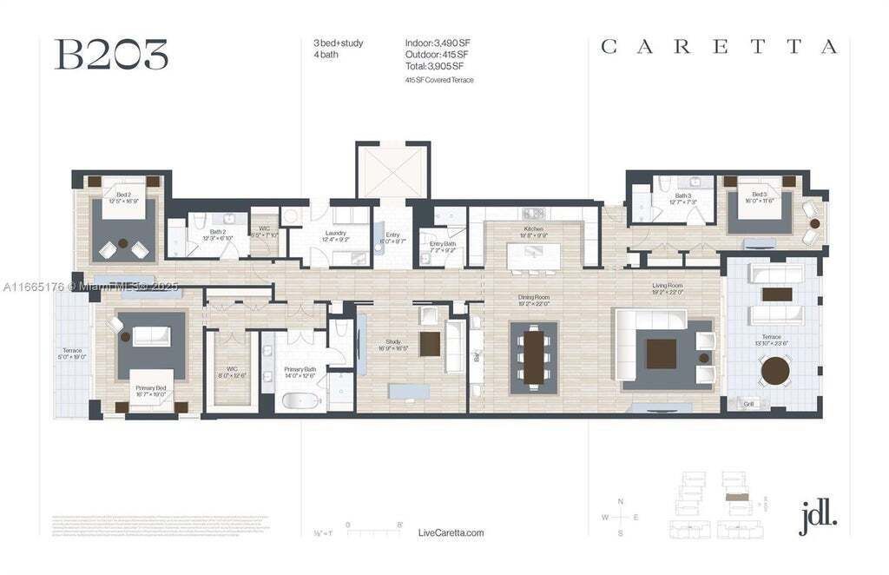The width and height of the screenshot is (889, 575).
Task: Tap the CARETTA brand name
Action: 719,47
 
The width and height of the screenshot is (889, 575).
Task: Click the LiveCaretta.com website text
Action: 451,532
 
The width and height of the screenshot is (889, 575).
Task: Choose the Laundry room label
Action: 336,235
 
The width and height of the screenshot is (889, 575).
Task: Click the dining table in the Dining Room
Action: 533,357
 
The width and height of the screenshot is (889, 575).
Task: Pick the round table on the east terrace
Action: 774,372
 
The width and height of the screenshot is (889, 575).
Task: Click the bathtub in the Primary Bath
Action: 300,402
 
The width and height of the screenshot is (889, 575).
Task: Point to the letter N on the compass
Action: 620,501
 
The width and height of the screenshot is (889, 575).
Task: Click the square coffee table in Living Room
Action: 662,353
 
